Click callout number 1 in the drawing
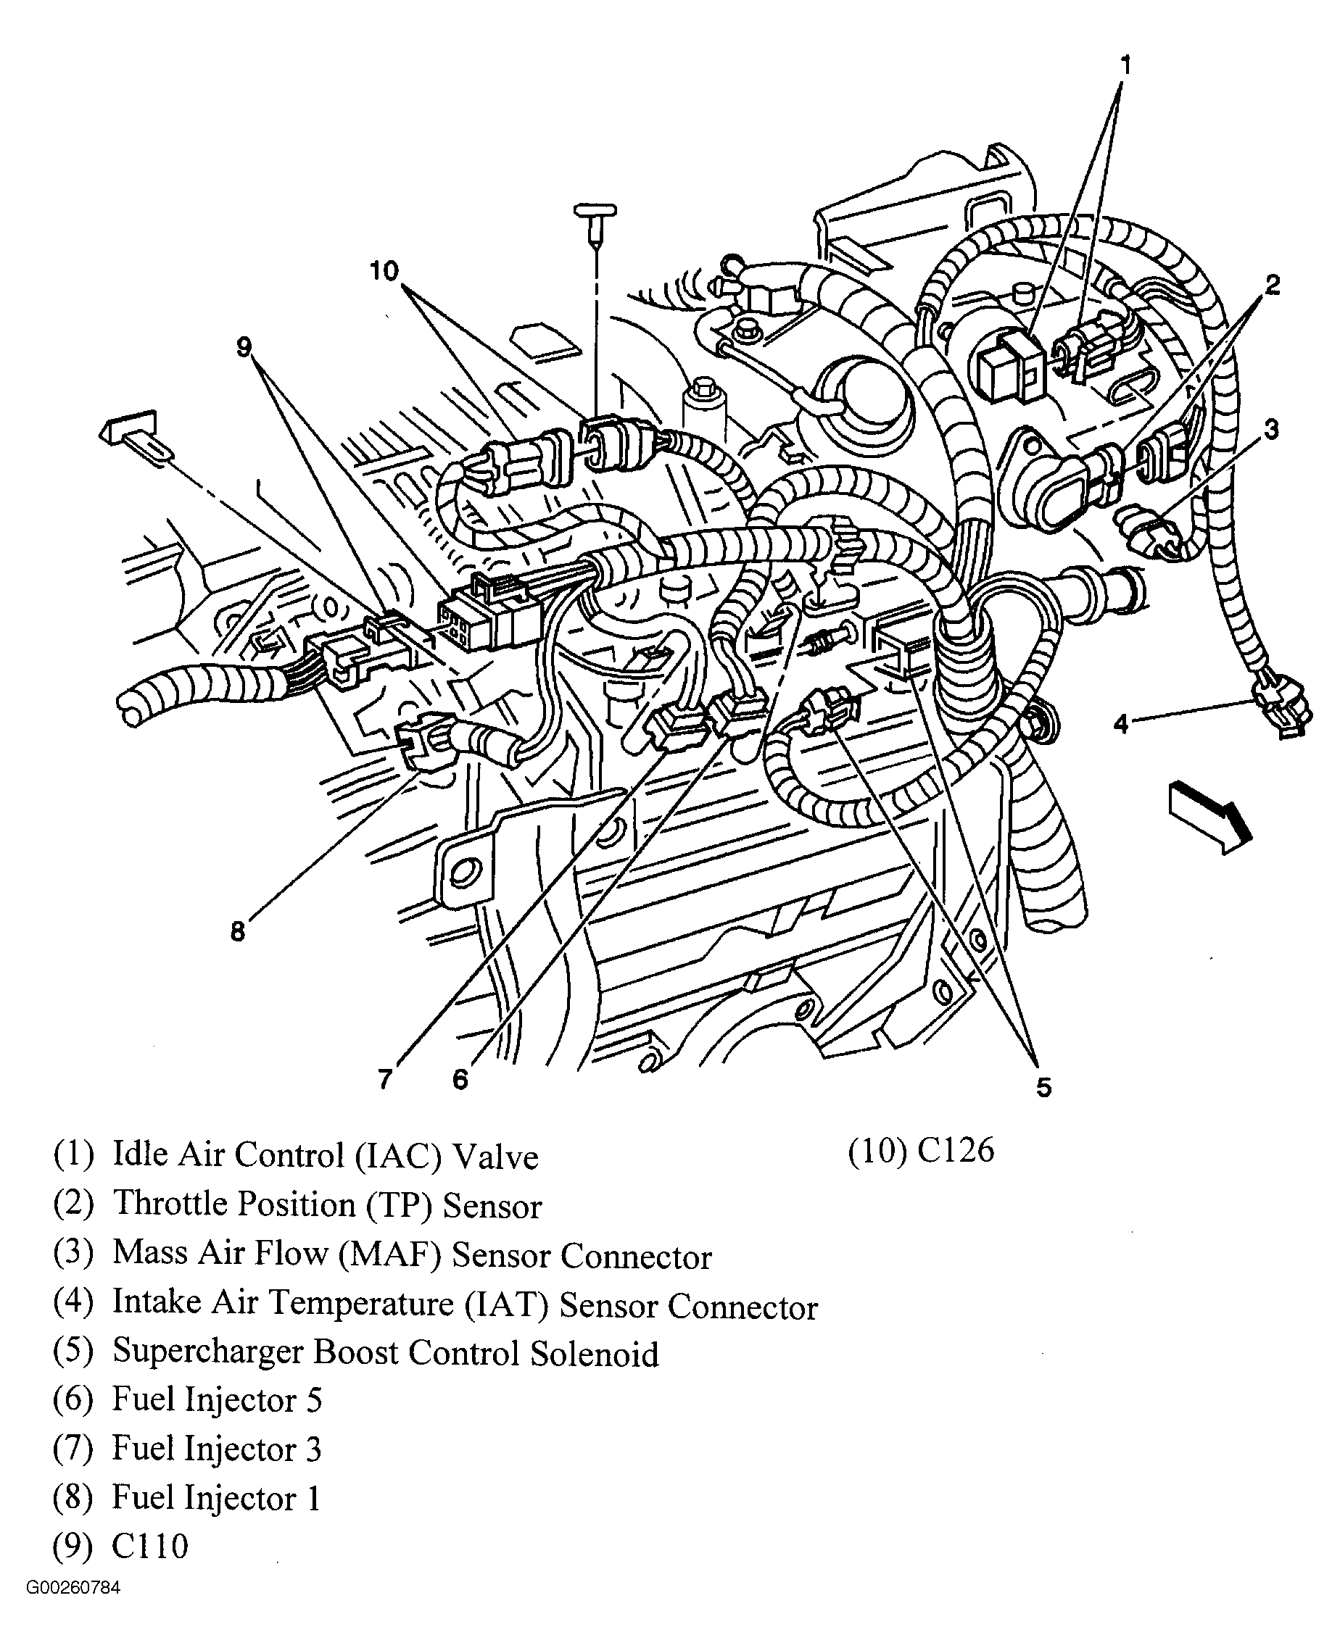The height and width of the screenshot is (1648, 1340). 1126,64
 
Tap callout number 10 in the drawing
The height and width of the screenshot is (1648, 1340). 384,271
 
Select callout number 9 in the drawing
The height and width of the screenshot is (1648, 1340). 244,348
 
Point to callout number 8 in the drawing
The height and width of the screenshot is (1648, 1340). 238,932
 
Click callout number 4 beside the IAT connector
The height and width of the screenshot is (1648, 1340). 1121,723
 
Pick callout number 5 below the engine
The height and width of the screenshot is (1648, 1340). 1043,1087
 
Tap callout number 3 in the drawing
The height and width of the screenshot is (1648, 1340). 1270,428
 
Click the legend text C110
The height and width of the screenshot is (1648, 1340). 150,1546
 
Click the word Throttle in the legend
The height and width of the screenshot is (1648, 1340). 178,1204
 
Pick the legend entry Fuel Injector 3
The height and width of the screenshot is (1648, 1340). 216,1449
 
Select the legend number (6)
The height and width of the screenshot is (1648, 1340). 73,1399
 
